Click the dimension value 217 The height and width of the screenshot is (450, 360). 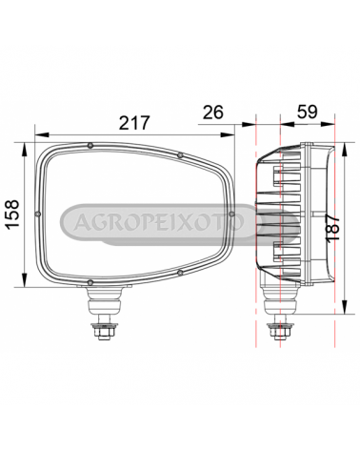(134, 123)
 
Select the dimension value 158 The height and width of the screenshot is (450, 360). (12, 215)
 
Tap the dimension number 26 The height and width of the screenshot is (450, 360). (213, 112)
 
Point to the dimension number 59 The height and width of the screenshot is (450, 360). (307, 112)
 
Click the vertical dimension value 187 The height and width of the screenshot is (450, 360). (333, 229)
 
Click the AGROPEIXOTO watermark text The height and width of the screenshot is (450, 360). (159, 221)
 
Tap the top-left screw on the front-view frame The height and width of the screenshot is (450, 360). (90, 146)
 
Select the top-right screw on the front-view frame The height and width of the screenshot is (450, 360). (180, 155)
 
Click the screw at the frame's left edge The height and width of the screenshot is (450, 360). (38, 214)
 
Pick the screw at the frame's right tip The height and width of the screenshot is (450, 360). (231, 214)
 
